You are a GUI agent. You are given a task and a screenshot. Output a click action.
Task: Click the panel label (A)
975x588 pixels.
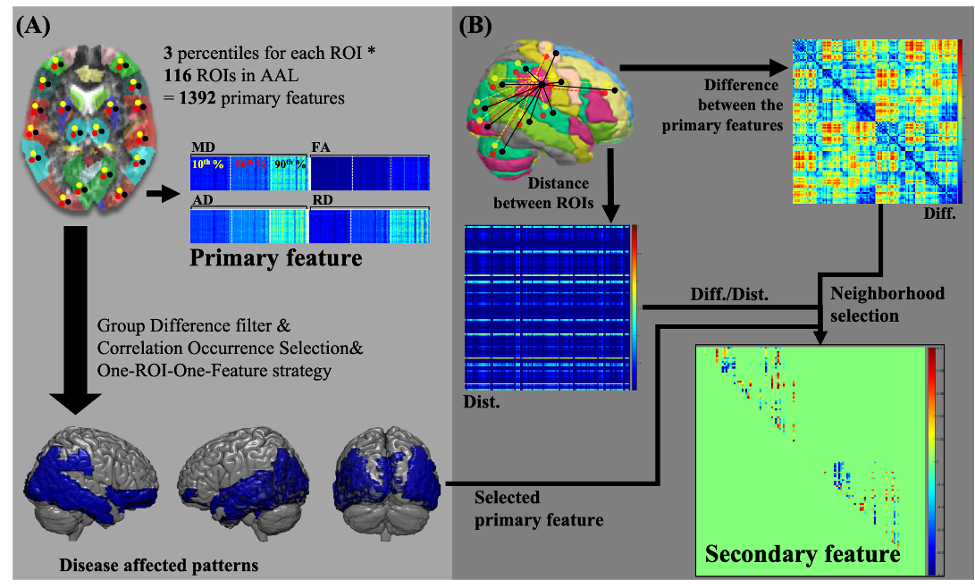click(x=37, y=27)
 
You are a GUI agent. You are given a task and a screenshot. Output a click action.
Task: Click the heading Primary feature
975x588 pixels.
click(x=275, y=260)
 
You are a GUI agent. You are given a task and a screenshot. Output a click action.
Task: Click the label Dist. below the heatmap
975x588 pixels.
click(x=483, y=402)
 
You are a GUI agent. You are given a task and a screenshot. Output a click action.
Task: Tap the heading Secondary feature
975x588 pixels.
click(x=802, y=554)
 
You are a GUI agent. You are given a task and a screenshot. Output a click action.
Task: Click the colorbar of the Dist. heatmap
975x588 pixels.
click(x=635, y=307)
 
